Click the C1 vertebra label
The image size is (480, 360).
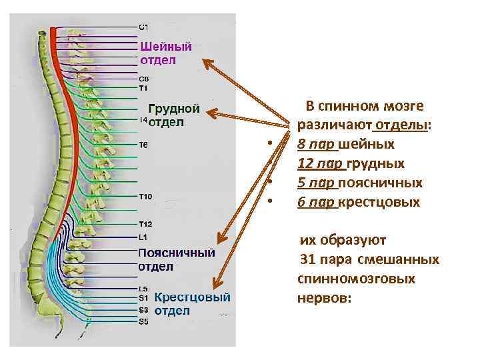[144, 27]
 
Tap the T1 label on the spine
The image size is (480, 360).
[143, 87]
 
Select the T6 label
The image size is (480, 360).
[144, 144]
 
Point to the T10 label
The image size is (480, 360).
[145, 196]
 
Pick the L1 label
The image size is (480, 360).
[143, 237]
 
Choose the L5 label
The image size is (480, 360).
[143, 289]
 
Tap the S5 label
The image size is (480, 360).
[144, 321]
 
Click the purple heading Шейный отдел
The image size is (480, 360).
[166, 53]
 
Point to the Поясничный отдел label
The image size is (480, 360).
[176, 259]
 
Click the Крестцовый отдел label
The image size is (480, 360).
[192, 303]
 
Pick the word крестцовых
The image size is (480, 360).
[379, 202]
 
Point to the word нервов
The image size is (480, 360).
[323, 297]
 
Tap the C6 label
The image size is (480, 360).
[144, 79]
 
